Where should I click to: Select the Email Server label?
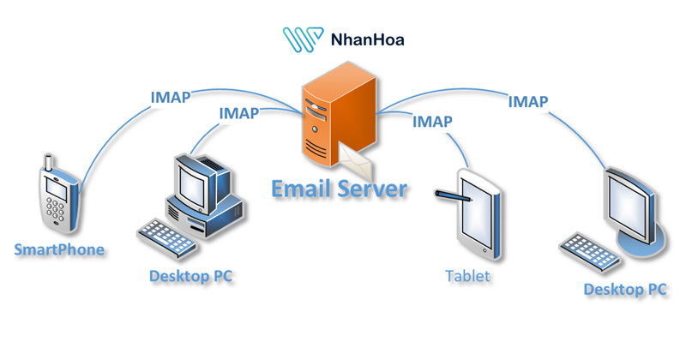pyautogui.click(x=339, y=188)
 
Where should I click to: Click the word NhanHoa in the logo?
pyautogui.click(x=364, y=39)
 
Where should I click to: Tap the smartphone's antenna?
pyautogui.click(x=46, y=164)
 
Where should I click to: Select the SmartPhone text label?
pyautogui.click(x=59, y=249)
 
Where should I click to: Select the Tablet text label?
pyautogui.click(x=468, y=276)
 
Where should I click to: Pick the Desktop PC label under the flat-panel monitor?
pyautogui.click(x=625, y=290)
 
